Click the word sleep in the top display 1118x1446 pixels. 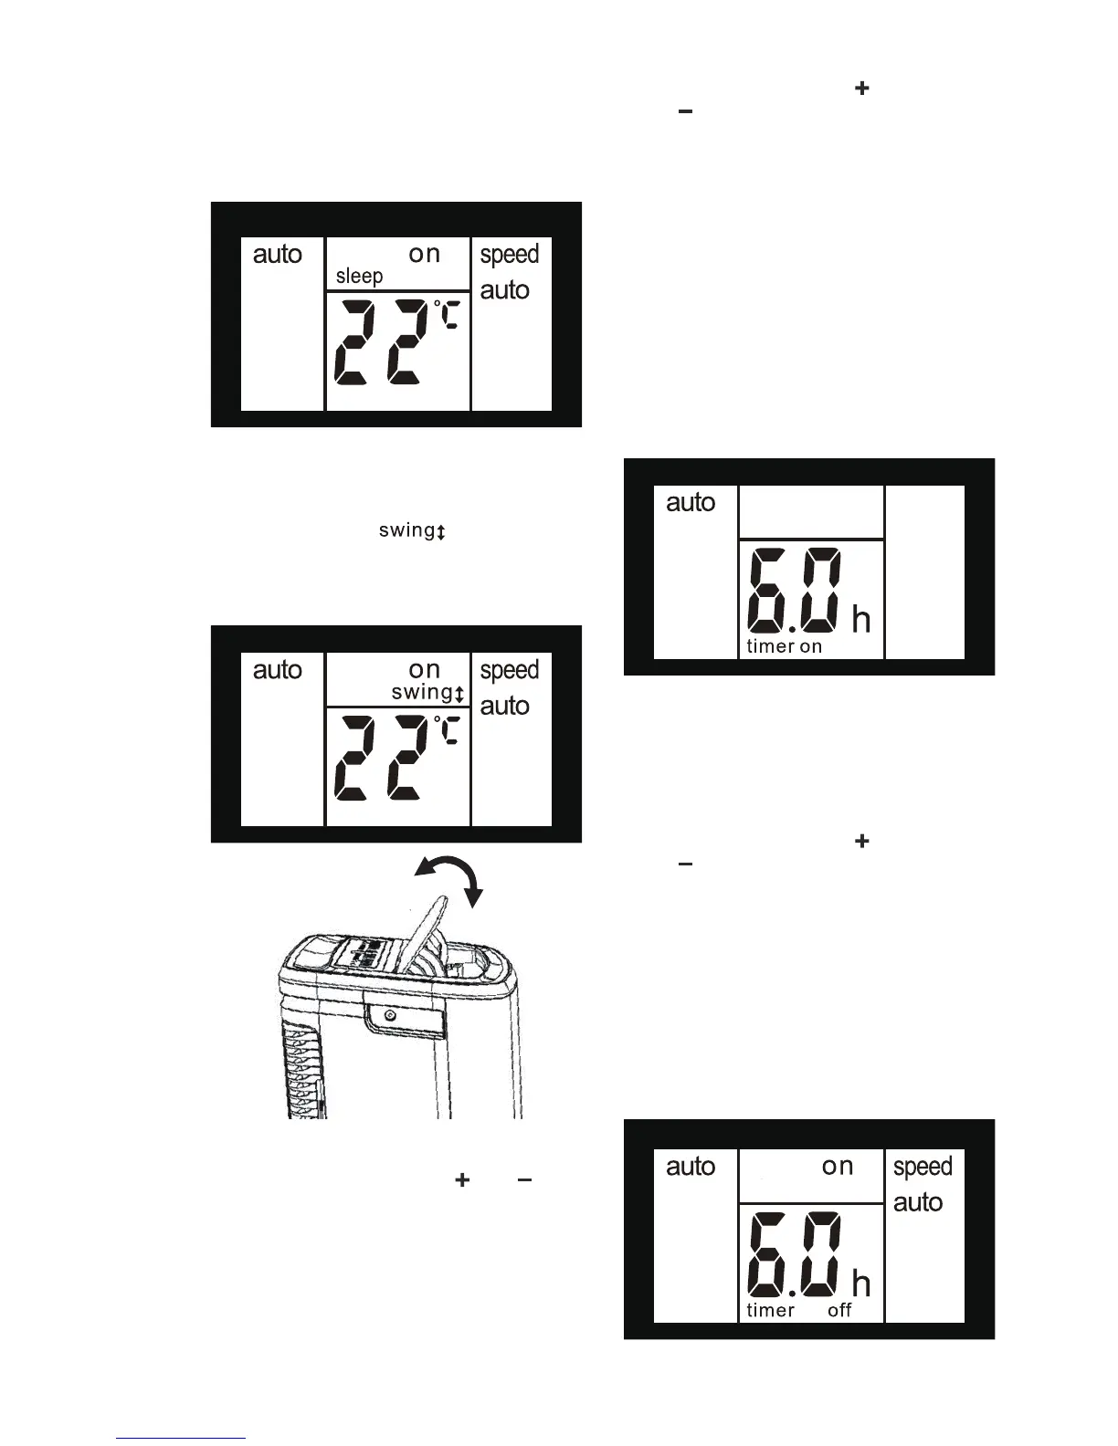[x=359, y=277]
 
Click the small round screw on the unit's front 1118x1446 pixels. [x=391, y=1016]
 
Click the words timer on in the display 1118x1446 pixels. [x=784, y=646]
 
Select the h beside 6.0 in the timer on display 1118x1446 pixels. [x=860, y=621]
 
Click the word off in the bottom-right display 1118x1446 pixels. [x=839, y=1311]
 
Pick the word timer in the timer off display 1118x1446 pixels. [x=770, y=1311]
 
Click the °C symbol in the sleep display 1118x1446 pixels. [x=447, y=315]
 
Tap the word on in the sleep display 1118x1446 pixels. [x=424, y=254]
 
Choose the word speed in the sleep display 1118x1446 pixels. [x=510, y=255]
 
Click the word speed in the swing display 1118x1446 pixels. [x=510, y=670]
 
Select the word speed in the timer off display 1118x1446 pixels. [x=923, y=1168]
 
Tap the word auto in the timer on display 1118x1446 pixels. [x=691, y=503]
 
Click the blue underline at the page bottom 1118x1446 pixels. [x=181, y=1438]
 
